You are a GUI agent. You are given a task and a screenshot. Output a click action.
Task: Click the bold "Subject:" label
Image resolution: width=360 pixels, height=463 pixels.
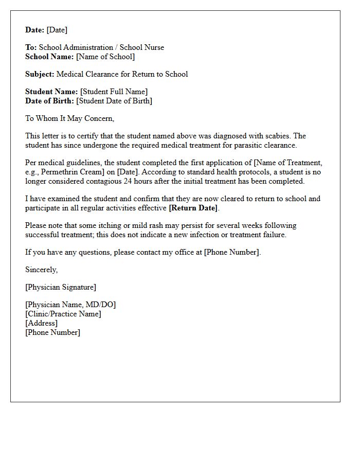coord(40,74)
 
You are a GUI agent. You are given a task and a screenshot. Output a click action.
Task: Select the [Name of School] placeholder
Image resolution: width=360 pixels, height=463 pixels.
coord(105,57)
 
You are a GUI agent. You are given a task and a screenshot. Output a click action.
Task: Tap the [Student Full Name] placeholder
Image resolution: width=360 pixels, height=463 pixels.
coord(114,92)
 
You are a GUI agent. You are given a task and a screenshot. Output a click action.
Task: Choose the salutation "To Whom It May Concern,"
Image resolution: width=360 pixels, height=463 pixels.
coord(69,118)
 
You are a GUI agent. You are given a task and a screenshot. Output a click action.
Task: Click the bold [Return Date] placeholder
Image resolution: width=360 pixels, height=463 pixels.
coord(193,208)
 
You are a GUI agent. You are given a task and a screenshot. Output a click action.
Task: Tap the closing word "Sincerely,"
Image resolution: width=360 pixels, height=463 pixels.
coord(41,270)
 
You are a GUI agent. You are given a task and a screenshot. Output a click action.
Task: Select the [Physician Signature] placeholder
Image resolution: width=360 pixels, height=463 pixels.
coord(61,287)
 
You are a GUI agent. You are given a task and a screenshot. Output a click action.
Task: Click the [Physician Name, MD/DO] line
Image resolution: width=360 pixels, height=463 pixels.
coord(70,305)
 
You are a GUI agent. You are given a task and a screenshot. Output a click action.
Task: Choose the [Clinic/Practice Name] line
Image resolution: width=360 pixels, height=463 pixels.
coord(63,314)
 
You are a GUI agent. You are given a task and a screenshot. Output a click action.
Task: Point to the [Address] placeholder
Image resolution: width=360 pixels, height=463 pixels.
coord(41,323)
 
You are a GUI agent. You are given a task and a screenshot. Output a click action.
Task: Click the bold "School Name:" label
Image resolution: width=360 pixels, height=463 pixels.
coord(49,57)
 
